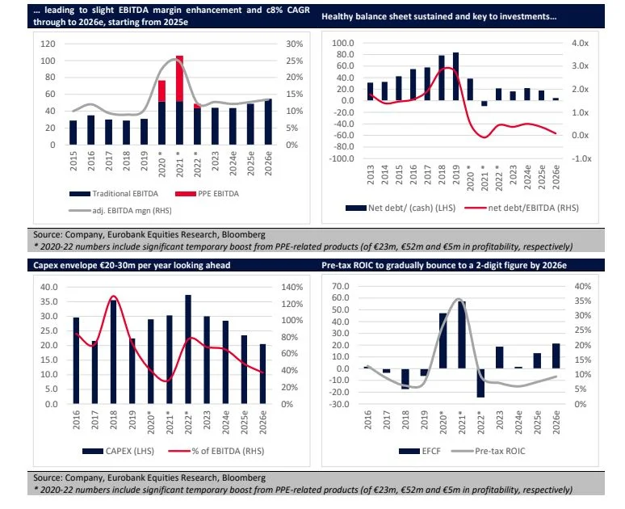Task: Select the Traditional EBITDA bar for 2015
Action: (73, 133)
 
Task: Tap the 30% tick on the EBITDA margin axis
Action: (295, 44)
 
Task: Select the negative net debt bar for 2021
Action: (484, 103)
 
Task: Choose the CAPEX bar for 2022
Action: (187, 349)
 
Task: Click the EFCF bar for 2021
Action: (461, 335)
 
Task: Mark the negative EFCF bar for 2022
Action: (480, 383)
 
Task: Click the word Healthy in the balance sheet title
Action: (340, 16)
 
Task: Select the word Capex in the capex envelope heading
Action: (48, 265)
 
